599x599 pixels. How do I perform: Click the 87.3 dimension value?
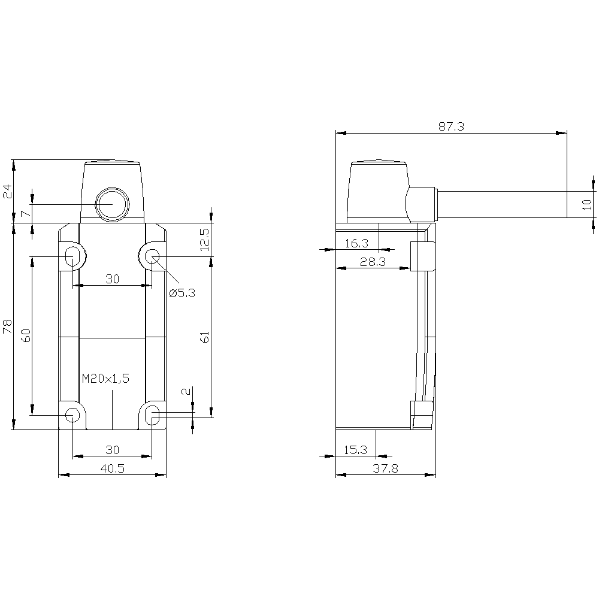pyautogui.click(x=451, y=127)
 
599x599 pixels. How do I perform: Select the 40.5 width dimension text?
pyautogui.click(x=113, y=468)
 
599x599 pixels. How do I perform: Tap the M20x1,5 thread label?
pyautogui.click(x=106, y=379)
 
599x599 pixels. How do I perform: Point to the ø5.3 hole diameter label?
pyautogui.click(x=182, y=293)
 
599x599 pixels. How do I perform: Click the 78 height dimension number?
pyautogui.click(x=8, y=326)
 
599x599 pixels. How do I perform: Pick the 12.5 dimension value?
pyautogui.click(x=205, y=240)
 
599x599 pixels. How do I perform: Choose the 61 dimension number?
pyautogui.click(x=205, y=337)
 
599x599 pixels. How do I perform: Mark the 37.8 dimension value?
pyautogui.click(x=385, y=468)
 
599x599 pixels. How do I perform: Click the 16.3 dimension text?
pyautogui.click(x=356, y=243)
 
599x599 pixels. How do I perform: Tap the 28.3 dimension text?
pyautogui.click(x=373, y=262)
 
